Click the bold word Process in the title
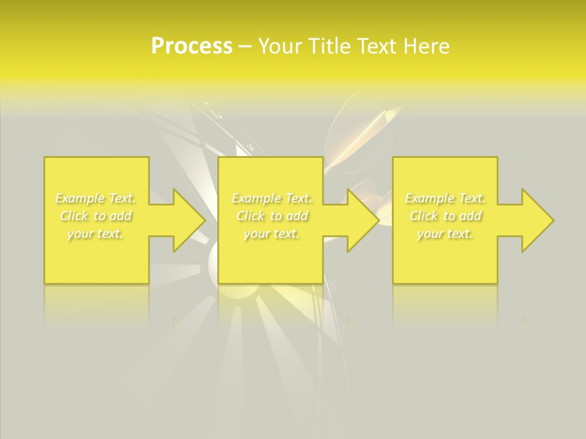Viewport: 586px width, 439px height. pos(192,46)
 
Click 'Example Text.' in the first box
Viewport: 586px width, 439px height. pos(96,198)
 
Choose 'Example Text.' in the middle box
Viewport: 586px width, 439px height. pos(272,198)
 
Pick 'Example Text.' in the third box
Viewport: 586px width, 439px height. pos(446,198)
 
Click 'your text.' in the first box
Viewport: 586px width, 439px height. pos(96,234)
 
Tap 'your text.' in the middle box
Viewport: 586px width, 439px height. pos(272,234)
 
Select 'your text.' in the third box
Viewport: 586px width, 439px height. pos(446,234)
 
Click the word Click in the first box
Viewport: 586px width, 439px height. pos(73,216)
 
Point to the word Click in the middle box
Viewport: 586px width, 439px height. pos(250,216)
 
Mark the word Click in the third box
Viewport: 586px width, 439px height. pos(423,216)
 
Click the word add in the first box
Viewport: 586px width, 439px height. pos(121,216)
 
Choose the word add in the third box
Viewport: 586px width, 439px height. pos(471,216)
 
